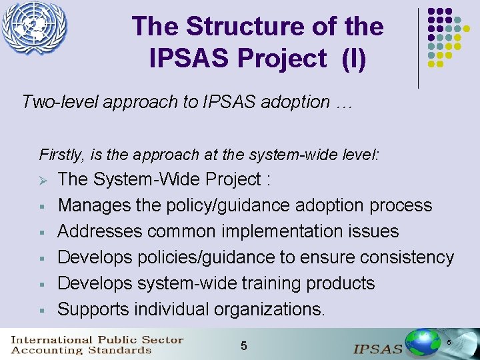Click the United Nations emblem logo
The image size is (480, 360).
pyautogui.click(x=35, y=28)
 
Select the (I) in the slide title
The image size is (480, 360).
pyautogui.click(x=353, y=58)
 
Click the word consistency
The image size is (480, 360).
pyautogui.click(x=402, y=257)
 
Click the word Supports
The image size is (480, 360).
pyautogui.click(x=93, y=309)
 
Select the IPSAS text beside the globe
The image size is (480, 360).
pyautogui.click(x=378, y=348)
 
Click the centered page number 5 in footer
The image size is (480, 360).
pyautogui.click(x=243, y=345)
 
